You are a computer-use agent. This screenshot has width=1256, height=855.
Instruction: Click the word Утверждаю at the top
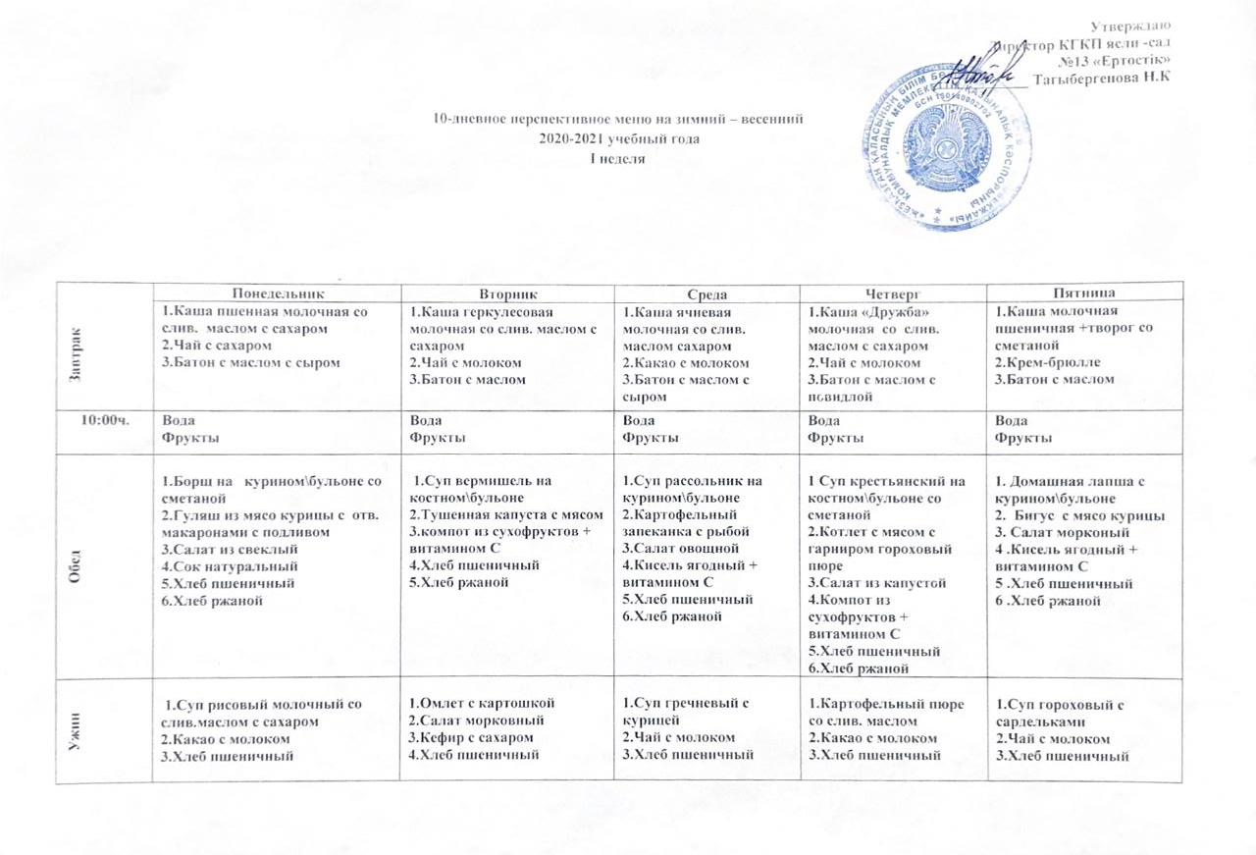click(x=1136, y=26)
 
